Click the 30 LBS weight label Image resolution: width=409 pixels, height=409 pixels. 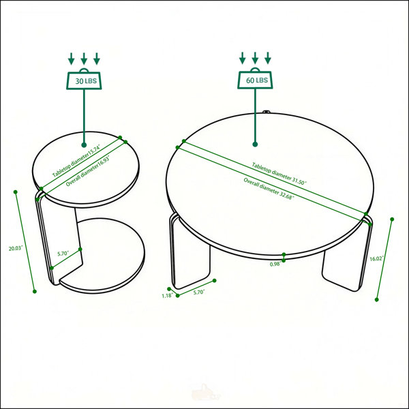tap(86, 81)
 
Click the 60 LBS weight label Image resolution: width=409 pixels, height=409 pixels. tap(257, 80)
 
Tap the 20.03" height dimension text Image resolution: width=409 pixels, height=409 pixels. tap(16, 248)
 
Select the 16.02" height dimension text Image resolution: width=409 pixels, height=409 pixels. tap(377, 259)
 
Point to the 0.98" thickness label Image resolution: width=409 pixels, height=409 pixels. tap(275, 264)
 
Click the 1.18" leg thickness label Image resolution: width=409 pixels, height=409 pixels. tap(167, 296)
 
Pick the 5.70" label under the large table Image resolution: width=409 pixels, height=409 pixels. tap(199, 292)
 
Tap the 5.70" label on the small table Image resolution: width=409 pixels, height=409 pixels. tap(63, 254)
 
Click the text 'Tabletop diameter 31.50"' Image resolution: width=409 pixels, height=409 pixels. tap(279, 174)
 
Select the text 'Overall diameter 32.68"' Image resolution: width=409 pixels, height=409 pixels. tap(269, 189)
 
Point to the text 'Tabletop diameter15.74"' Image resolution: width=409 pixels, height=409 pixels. tap(76, 160)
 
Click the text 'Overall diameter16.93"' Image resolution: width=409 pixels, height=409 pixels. tap(87, 170)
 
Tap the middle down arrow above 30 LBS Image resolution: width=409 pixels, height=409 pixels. tap(84, 59)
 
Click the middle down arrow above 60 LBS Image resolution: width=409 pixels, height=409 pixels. tap(255, 58)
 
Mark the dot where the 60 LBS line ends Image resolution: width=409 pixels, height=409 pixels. tap(255, 145)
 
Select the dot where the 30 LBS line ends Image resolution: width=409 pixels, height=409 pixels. tap(84, 145)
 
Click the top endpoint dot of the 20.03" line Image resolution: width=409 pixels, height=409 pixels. tap(16, 192)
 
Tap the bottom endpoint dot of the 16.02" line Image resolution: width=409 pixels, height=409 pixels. tap(376, 300)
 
